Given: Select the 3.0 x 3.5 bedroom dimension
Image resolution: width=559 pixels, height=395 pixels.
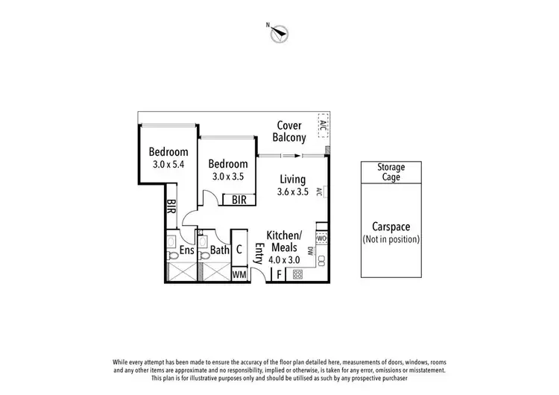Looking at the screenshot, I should (x=229, y=177).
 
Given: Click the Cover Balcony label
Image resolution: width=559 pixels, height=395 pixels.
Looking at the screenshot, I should (x=289, y=131).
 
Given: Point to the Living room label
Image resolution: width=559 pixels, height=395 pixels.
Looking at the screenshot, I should (x=293, y=179).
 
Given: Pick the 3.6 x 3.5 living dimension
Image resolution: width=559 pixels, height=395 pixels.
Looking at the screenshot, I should (x=293, y=192).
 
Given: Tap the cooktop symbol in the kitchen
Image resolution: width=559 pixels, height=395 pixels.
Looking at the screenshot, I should (x=297, y=274).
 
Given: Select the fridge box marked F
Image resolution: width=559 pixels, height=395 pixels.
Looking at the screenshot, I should (x=279, y=274).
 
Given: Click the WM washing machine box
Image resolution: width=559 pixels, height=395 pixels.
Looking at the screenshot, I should (x=239, y=274).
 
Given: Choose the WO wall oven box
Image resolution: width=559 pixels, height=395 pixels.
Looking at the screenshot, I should (x=321, y=238).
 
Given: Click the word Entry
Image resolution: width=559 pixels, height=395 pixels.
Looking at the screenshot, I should (x=259, y=253).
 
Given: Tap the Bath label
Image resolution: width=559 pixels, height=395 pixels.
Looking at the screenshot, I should (x=219, y=251).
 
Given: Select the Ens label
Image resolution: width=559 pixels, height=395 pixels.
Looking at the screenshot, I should (x=186, y=251).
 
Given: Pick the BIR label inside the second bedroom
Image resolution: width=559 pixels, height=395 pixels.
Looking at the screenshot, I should (x=239, y=200).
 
